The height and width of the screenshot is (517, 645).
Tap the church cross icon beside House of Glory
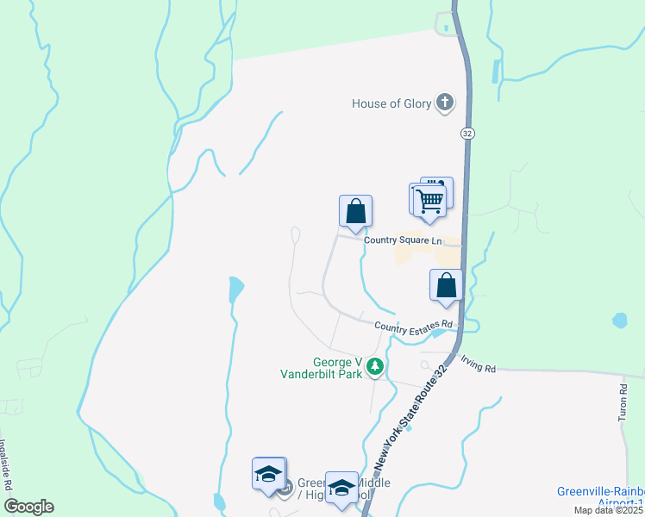(444, 103)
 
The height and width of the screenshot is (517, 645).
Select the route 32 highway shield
(467, 134)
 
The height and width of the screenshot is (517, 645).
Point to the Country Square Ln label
(402, 240)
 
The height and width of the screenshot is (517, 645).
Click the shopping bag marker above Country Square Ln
(355, 211)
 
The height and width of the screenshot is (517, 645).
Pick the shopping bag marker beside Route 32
(446, 285)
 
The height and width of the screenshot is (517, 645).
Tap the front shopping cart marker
(429, 201)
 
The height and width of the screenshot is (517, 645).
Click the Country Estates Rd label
(413, 325)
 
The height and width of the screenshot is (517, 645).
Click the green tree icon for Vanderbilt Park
(375, 367)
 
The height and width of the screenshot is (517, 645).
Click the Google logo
(28, 507)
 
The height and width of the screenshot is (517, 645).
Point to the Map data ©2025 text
(609, 510)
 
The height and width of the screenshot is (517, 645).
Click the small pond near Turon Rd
(619, 321)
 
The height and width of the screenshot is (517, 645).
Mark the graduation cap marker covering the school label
(341, 487)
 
